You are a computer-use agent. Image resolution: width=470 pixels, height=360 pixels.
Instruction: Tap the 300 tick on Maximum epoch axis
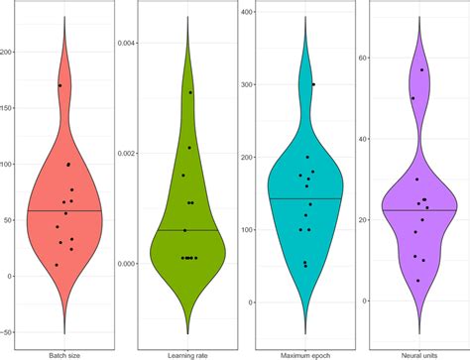(243, 84)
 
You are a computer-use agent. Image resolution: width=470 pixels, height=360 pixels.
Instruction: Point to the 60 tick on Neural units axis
(364, 58)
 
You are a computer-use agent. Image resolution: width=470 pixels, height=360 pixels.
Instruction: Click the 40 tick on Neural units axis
(364, 139)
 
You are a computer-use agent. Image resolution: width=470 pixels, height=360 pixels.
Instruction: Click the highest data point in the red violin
(59, 85)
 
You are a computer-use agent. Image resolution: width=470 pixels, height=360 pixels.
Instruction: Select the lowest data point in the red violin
(57, 265)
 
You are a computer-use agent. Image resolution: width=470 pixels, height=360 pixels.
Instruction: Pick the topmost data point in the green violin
(190, 92)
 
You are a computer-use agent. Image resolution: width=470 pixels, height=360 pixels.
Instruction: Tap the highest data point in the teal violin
(313, 84)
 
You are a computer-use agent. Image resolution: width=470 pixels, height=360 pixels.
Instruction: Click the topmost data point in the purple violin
(422, 69)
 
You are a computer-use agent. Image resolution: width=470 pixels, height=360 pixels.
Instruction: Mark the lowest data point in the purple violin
(418, 281)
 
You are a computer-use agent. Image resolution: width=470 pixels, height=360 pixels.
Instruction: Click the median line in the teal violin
(305, 198)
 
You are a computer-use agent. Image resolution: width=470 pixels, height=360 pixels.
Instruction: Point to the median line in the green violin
(187, 230)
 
